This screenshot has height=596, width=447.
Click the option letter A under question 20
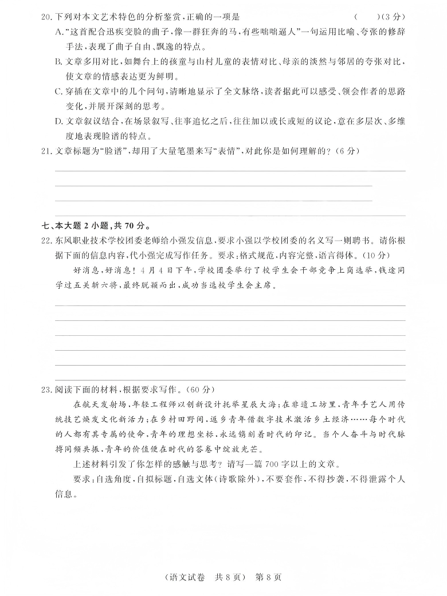coord(58,32)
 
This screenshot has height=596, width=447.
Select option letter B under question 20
coord(58,62)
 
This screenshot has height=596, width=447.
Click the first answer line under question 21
coord(229,170)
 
